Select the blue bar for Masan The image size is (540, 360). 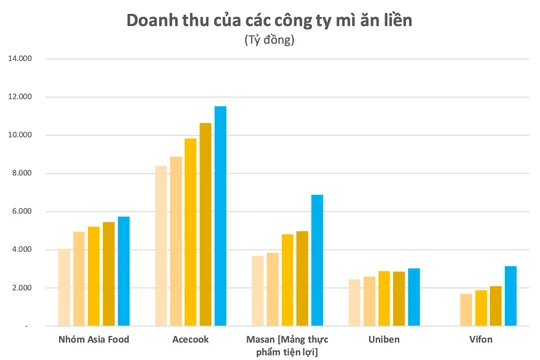pyautogui.click(x=317, y=260)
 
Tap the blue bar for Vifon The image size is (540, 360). pyautogui.click(x=509, y=296)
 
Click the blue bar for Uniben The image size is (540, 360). pyautogui.click(x=413, y=297)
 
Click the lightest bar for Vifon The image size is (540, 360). pyautogui.click(x=466, y=309)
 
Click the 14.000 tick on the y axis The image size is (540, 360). pyautogui.click(x=21, y=58)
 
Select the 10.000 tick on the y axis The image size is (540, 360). pyautogui.click(x=21, y=135)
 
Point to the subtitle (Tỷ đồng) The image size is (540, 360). pyautogui.click(x=270, y=40)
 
